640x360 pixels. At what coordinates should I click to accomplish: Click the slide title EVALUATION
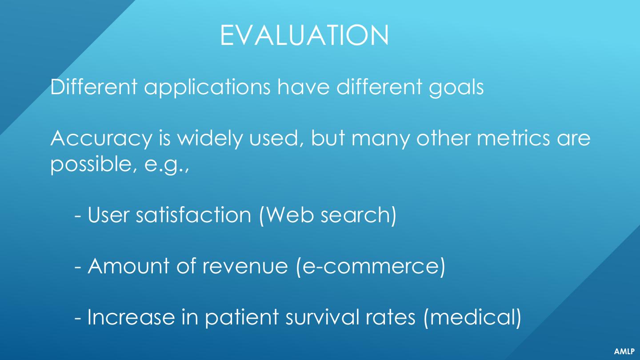tap(304, 35)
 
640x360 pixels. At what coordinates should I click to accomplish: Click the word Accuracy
tap(101, 139)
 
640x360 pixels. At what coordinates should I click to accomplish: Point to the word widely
tap(210, 139)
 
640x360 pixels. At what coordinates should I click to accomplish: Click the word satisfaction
tap(193, 214)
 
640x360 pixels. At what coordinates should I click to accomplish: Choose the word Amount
tap(128, 266)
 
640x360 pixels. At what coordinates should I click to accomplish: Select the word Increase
tap(131, 317)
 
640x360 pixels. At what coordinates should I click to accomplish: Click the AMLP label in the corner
tap(624, 351)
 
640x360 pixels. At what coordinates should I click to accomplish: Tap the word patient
tap(242, 317)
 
